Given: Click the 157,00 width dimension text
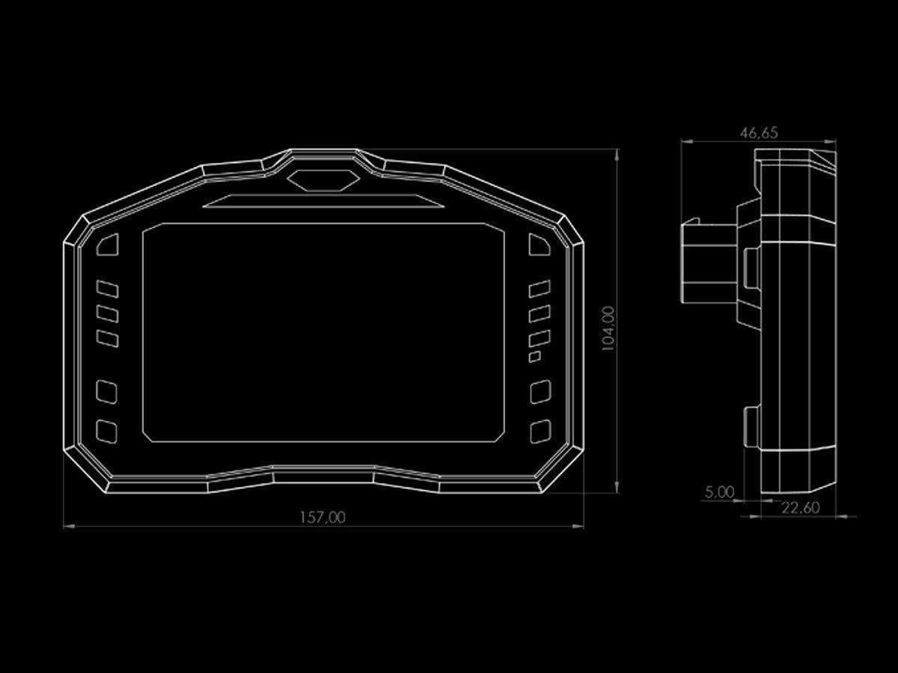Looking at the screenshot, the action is tap(323, 517).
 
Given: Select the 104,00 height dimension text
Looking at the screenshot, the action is tap(608, 328).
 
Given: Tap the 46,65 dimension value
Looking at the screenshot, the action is tap(759, 133).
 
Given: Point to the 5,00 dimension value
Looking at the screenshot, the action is tap(720, 491).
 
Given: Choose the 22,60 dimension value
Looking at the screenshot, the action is tap(801, 508).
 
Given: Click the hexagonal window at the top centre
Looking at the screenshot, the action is tap(323, 180).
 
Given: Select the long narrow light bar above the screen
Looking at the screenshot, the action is tap(323, 201).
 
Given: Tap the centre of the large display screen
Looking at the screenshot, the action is tap(323, 332).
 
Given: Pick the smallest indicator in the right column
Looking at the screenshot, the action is tap(535, 357).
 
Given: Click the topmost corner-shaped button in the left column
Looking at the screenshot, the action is tap(108, 245).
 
